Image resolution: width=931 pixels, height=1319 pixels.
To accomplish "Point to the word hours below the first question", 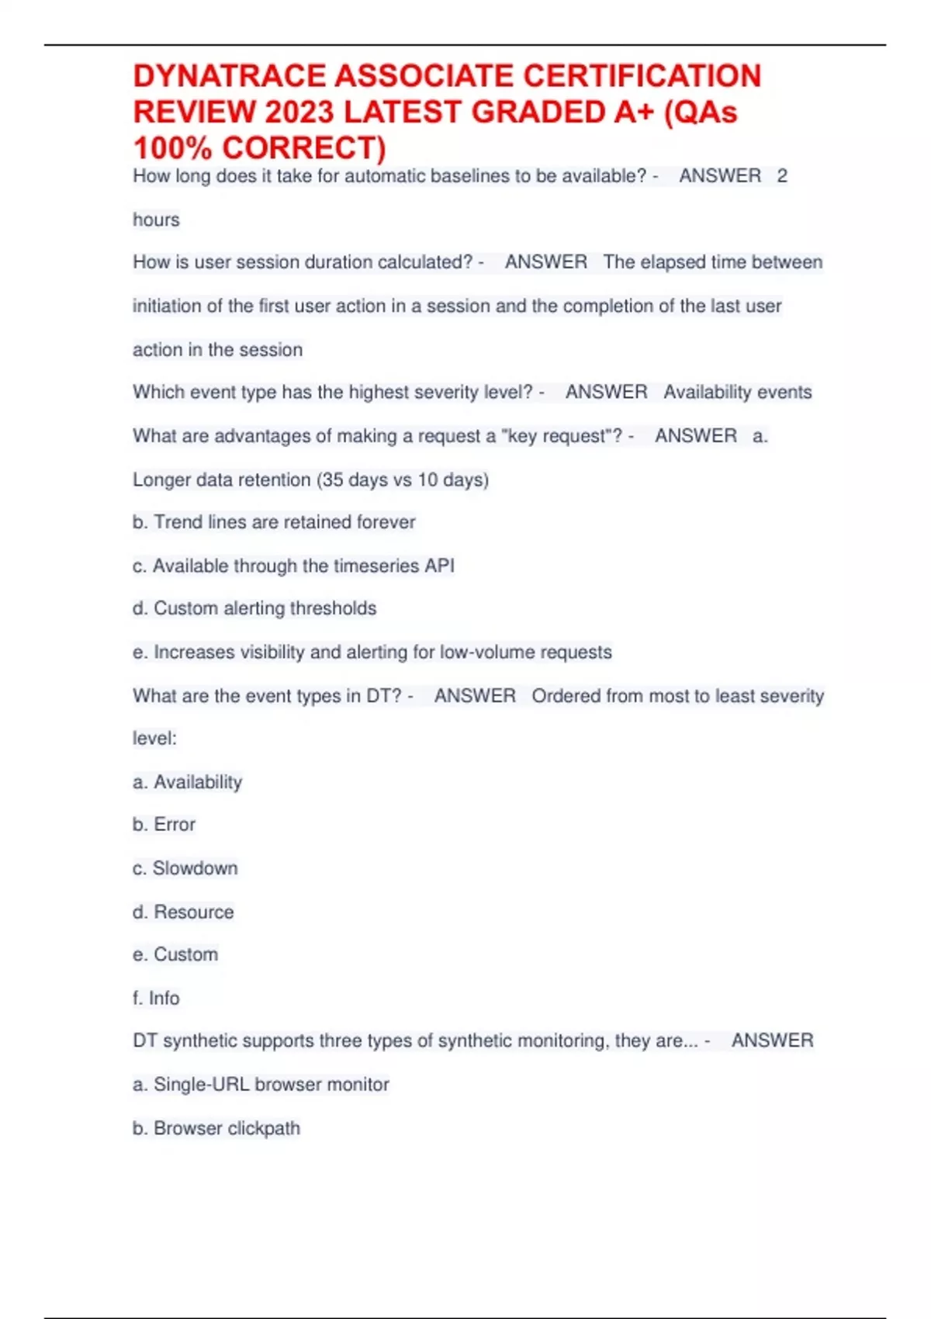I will (x=156, y=220).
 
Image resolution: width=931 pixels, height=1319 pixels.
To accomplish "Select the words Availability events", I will (x=737, y=393).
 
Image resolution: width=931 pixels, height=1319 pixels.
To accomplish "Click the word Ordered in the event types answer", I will (x=566, y=696).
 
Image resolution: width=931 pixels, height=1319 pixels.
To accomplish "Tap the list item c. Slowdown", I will (x=185, y=868).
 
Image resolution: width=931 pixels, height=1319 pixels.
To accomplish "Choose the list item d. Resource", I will (x=183, y=912).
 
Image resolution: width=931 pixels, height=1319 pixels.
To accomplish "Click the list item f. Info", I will (x=156, y=999).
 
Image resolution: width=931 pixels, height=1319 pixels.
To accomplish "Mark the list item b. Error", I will (x=164, y=825).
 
